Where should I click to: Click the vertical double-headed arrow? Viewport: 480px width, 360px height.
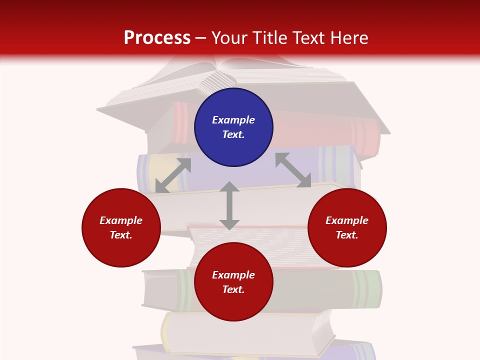click(x=229, y=205)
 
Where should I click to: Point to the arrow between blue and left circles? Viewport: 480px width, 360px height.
click(x=173, y=175)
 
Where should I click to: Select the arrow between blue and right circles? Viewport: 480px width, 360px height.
click(x=293, y=170)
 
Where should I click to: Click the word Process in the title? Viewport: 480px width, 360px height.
click(x=157, y=37)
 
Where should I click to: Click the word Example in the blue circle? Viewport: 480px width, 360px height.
click(x=233, y=120)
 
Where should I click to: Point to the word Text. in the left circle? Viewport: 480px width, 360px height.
click(x=121, y=235)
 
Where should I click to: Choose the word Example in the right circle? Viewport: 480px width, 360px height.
click(x=347, y=220)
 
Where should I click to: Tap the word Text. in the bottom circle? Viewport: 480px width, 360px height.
click(x=233, y=289)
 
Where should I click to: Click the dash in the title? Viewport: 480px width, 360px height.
click(x=201, y=38)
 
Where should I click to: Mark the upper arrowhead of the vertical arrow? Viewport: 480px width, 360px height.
click(x=229, y=186)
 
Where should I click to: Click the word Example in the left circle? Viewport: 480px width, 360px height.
click(x=121, y=220)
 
